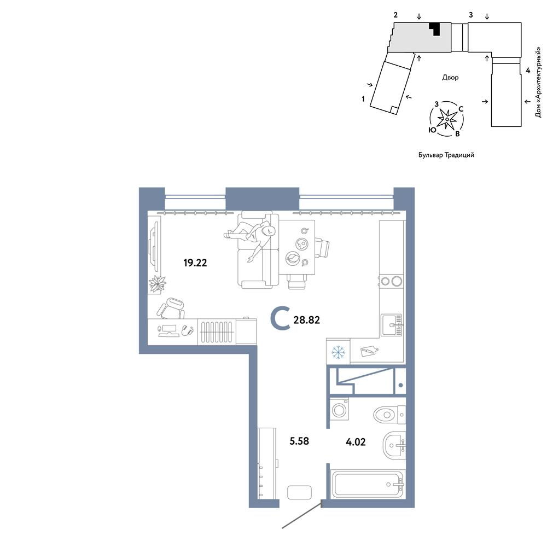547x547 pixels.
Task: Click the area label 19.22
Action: (x=195, y=263)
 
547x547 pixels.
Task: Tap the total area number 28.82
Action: (x=307, y=320)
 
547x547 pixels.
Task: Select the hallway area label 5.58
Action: (x=299, y=441)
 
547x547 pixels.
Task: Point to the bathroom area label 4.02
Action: (x=356, y=442)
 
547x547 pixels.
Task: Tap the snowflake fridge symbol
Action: (x=338, y=352)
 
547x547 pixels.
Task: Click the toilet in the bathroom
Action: (x=389, y=415)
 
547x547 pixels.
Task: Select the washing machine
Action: (x=339, y=409)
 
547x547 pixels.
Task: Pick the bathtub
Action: (x=368, y=484)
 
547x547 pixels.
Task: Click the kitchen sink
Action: (x=392, y=325)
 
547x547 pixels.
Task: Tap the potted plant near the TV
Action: (x=158, y=283)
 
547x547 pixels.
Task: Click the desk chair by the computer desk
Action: (x=171, y=309)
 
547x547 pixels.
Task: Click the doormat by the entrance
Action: (x=299, y=492)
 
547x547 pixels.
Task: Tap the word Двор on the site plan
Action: (x=450, y=78)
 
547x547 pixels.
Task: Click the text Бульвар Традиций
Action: (x=446, y=155)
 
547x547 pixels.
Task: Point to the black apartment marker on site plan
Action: (x=435, y=28)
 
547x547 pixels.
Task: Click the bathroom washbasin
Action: (x=394, y=446)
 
